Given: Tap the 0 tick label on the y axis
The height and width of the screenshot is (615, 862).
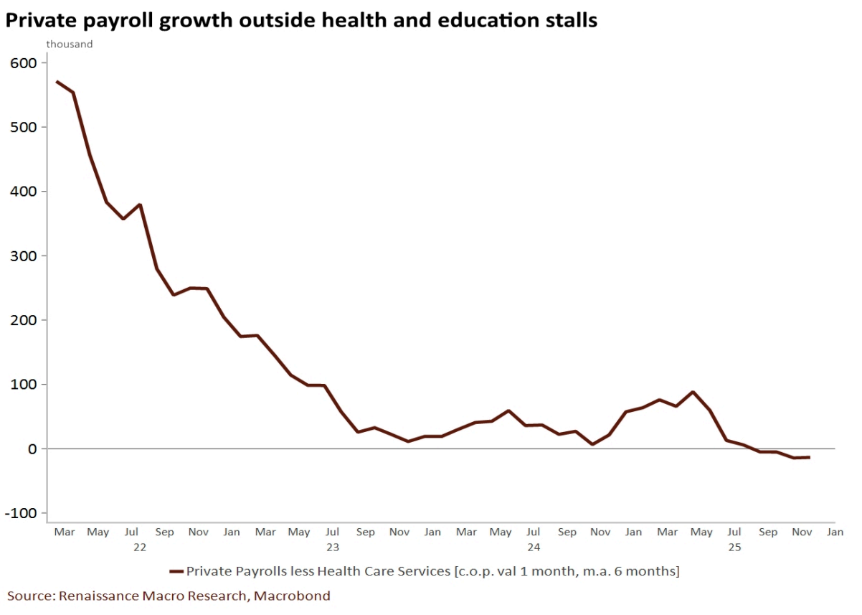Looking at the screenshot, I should click(x=31, y=449).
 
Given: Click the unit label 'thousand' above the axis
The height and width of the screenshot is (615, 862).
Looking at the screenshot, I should click(x=70, y=44).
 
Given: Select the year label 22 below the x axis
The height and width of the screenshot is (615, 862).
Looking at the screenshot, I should click(x=140, y=547).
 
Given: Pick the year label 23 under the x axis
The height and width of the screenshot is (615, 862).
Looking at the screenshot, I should click(x=333, y=547).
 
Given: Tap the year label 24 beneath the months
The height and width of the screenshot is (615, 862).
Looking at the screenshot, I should click(x=534, y=547).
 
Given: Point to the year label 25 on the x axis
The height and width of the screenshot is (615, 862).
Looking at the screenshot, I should click(x=734, y=547).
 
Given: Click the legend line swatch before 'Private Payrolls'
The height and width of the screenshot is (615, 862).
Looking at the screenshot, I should click(x=176, y=572).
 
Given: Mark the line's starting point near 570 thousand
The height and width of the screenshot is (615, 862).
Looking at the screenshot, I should click(x=57, y=81).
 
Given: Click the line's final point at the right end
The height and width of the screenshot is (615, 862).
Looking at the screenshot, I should click(x=810, y=457).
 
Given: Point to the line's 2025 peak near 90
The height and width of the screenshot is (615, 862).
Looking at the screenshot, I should click(x=693, y=392).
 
